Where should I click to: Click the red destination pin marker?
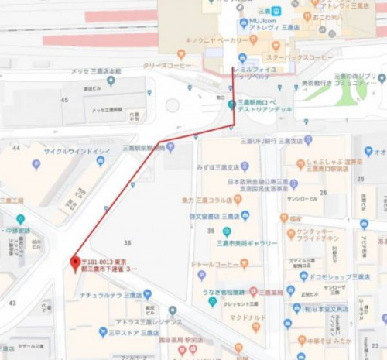tap(75, 262)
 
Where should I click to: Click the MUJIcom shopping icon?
tap(241, 21)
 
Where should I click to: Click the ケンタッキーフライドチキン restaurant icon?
tap(290, 233)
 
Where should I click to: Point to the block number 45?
tap(64, 99)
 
